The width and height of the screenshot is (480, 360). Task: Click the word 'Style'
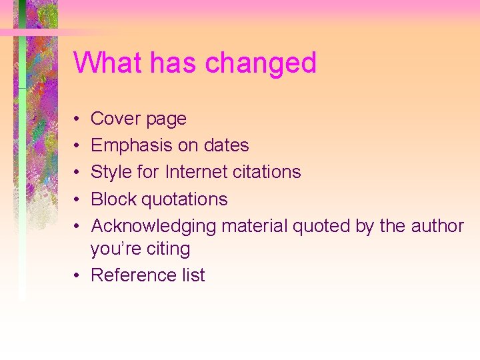(x=111, y=172)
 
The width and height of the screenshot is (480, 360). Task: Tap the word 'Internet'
(x=195, y=172)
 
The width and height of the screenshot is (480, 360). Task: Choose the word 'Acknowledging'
(x=153, y=227)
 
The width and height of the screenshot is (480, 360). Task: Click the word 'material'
(x=254, y=226)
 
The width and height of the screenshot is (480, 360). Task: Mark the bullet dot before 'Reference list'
(x=79, y=275)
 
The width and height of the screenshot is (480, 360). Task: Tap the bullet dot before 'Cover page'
(x=79, y=119)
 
